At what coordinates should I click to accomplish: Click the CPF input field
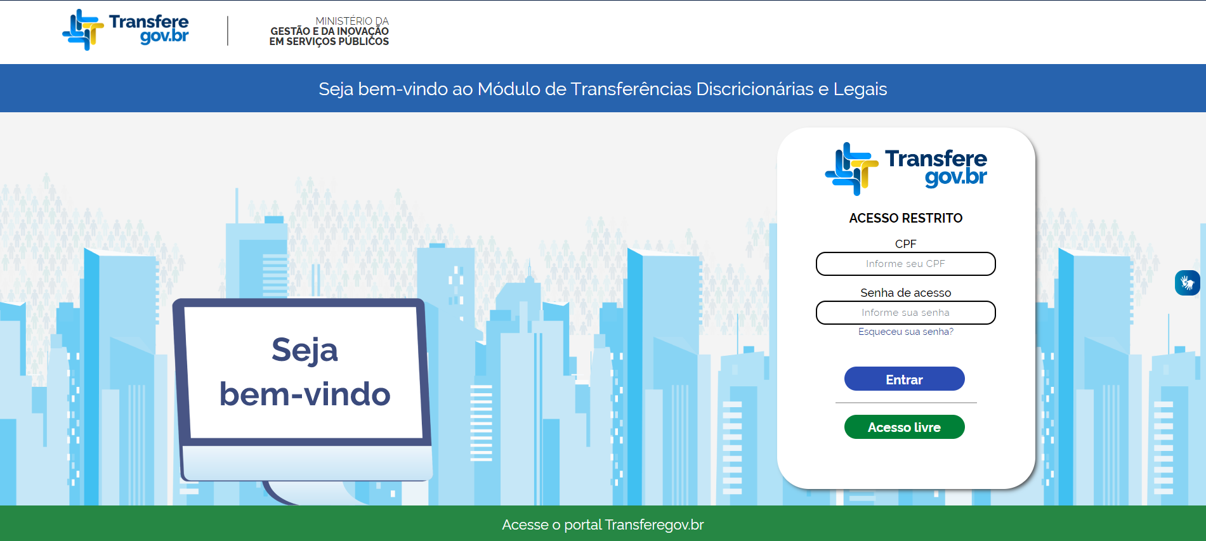coord(905,264)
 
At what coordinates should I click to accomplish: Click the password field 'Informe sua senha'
coord(905,313)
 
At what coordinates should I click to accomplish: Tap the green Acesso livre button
coord(904,427)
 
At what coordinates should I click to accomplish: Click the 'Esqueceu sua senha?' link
coord(905,332)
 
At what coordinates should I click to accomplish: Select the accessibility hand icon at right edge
coord(1187,283)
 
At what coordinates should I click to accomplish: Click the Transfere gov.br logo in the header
coord(126,30)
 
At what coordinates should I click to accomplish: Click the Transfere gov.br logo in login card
coord(906,169)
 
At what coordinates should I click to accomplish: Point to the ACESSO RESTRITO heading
coord(905,218)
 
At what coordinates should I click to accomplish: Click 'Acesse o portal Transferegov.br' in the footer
coord(603,525)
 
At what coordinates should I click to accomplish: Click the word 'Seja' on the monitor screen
coord(305,350)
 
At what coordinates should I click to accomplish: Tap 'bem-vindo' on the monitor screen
coord(305,394)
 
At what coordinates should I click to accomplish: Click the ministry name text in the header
coord(329,31)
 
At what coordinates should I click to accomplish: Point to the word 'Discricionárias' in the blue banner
coord(754,89)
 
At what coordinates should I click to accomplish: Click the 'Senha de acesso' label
coord(905,293)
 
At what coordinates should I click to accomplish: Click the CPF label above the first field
coord(905,244)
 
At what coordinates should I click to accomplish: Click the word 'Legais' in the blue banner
coord(860,89)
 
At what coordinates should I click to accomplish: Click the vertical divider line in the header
coord(228,30)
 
